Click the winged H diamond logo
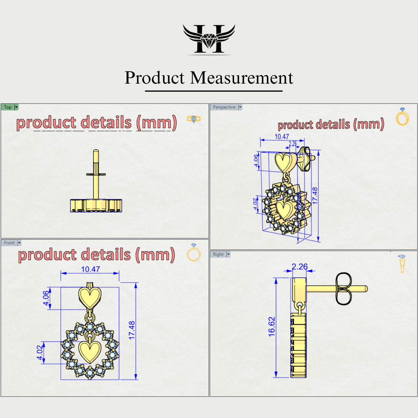[x=209, y=39]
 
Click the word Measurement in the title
[x=242, y=78]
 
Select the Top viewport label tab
[x=8, y=107]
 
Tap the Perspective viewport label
[x=224, y=107]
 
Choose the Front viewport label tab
[x=9, y=243]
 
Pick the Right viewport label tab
[x=218, y=254]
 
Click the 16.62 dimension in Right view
[x=271, y=327]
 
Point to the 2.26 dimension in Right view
[x=299, y=267]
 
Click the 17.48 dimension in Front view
[x=132, y=330]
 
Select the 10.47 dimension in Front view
[x=90, y=269]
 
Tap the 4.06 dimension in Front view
[x=46, y=298]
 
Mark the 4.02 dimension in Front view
[x=40, y=353]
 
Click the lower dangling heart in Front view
[x=90, y=352]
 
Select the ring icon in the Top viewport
[x=194, y=119]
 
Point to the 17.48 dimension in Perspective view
[x=315, y=196]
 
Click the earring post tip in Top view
[x=96, y=151]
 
